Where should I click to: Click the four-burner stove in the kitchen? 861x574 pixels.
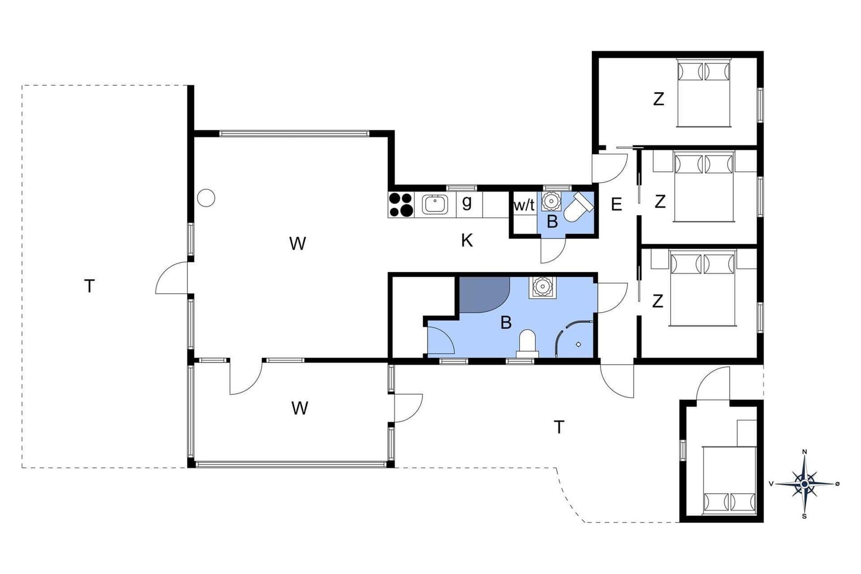tap(401, 204)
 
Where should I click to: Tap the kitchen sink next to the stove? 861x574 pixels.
tap(435, 204)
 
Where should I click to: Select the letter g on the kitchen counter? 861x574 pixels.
tap(467, 202)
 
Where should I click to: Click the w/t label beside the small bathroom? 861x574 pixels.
tap(524, 205)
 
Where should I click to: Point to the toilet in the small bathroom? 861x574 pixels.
tap(578, 208)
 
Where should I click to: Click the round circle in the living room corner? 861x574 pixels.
tap(206, 199)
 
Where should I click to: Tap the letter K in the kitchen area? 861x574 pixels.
tap(467, 240)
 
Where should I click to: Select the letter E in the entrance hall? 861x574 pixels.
tap(616, 204)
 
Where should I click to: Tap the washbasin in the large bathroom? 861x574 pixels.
tap(542, 287)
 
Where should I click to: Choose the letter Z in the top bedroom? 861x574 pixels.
tap(659, 99)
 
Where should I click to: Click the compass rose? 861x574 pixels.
tap(804, 484)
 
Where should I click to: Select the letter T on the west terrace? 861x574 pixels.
tap(89, 286)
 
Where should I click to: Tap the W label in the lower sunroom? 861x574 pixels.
tap(299, 408)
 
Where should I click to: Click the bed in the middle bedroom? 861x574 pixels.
tap(704, 187)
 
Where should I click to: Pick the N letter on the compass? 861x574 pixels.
tap(804, 452)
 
